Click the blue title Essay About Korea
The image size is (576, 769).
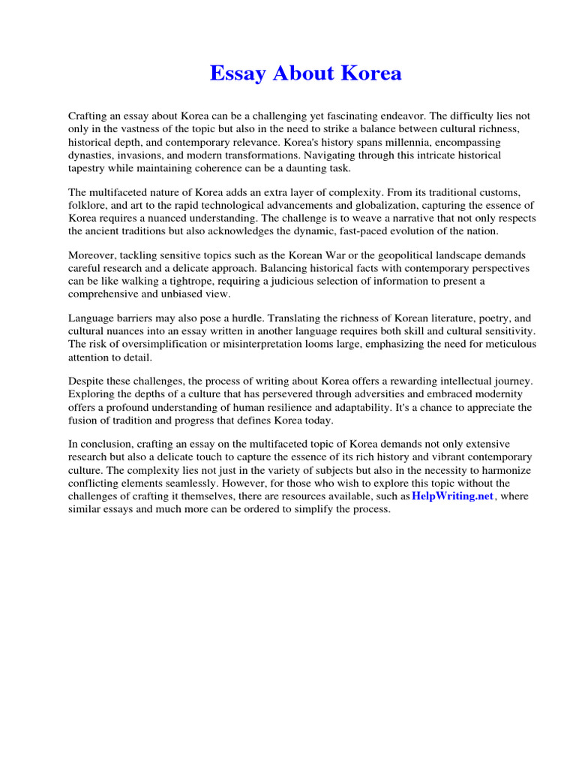(x=305, y=74)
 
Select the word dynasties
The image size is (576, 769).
(x=91, y=155)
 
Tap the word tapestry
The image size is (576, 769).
(x=88, y=167)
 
